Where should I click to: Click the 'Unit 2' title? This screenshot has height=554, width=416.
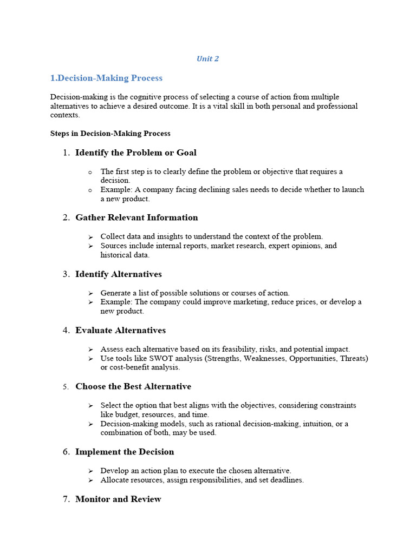[207, 59]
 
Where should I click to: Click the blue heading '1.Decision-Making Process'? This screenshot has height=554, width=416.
[106, 78]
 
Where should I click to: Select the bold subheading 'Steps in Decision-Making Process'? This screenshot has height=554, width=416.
[110, 134]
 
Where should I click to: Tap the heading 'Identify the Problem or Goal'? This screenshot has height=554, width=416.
[136, 153]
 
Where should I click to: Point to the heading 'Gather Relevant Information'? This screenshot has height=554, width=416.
[136, 217]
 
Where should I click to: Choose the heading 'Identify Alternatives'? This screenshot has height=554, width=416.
[119, 274]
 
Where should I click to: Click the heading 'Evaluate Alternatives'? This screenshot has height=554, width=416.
[121, 330]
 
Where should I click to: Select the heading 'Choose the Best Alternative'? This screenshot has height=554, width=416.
[133, 386]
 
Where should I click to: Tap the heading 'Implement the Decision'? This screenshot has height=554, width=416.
[125, 452]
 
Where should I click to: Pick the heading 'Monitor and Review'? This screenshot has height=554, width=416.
[118, 499]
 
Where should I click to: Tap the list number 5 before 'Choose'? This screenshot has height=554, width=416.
[65, 387]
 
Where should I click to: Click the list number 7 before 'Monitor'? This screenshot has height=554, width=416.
[66, 499]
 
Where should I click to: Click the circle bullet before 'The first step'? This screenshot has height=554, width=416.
[90, 172]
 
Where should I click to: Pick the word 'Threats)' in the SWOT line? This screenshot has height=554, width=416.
[354, 358]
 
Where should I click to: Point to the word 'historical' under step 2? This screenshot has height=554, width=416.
[116, 255]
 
